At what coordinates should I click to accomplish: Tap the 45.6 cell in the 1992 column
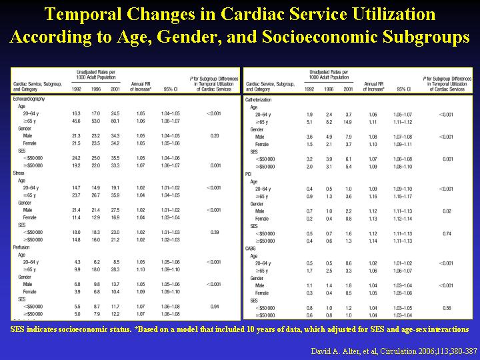[x=76, y=121]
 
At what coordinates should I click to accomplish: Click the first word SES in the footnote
[x=20, y=329]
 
